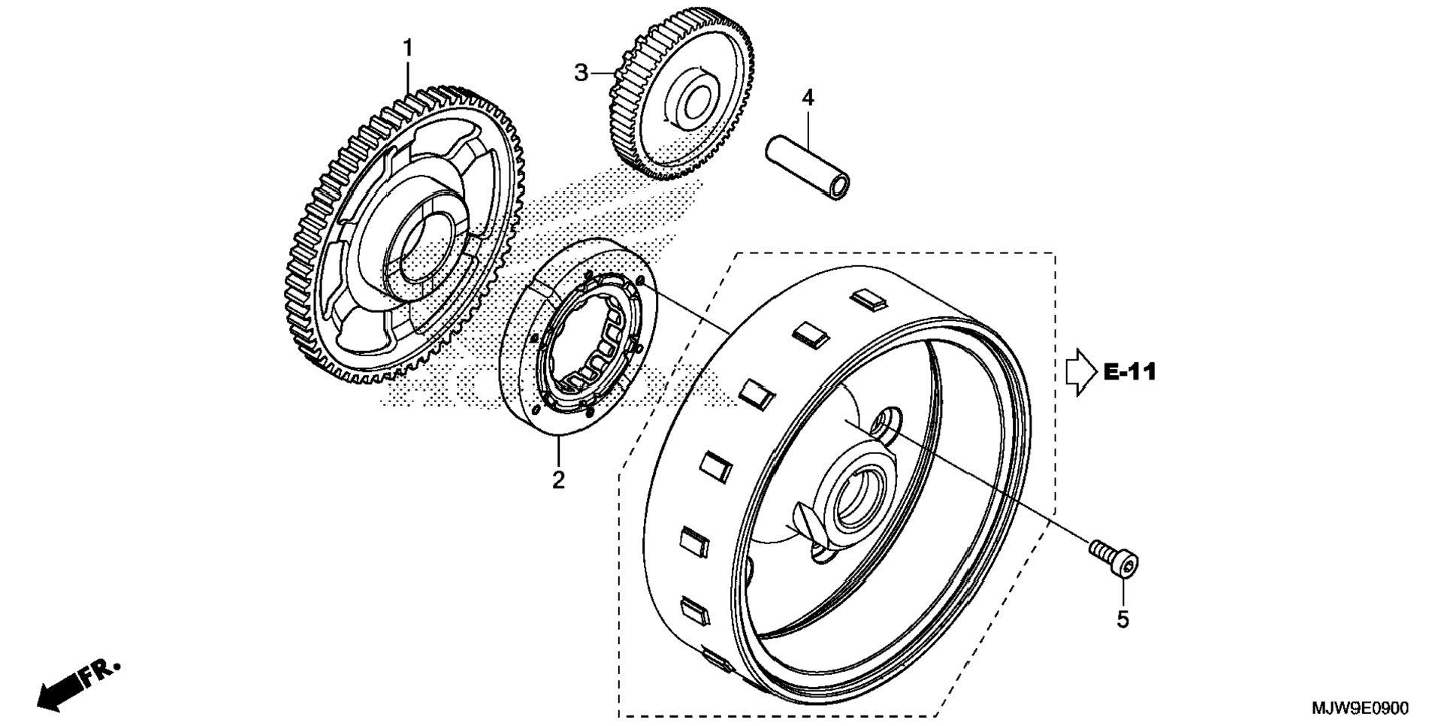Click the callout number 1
(408, 49)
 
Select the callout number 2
(558, 479)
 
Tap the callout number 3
(581, 74)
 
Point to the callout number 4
(808, 98)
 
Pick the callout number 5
(1122, 619)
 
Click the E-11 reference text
(1129, 372)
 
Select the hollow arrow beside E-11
(1081, 372)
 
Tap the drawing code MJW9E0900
(1360, 708)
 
